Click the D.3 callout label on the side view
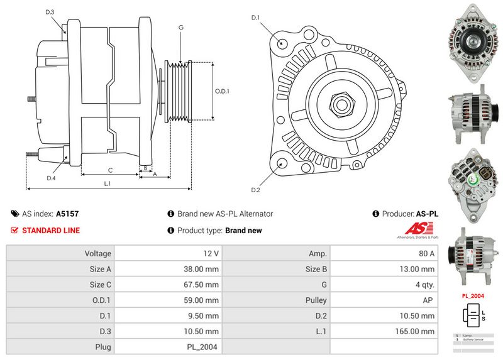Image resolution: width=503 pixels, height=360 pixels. pyautogui.click(x=50, y=12)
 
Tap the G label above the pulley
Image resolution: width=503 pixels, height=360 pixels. pyautogui.click(x=181, y=28)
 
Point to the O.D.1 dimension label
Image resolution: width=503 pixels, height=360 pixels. pyautogui.click(x=222, y=91)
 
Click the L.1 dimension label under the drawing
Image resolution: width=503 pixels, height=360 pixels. pyautogui.click(x=108, y=183)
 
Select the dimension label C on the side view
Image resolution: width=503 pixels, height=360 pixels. pyautogui.click(x=110, y=170)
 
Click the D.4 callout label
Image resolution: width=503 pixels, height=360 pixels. pyautogui.click(x=51, y=178)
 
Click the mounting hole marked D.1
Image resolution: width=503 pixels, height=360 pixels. pyautogui.click(x=282, y=43)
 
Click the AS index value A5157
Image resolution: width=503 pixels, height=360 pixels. pyautogui.click(x=67, y=214)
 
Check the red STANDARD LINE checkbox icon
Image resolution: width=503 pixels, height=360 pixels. pyautogui.click(x=14, y=231)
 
